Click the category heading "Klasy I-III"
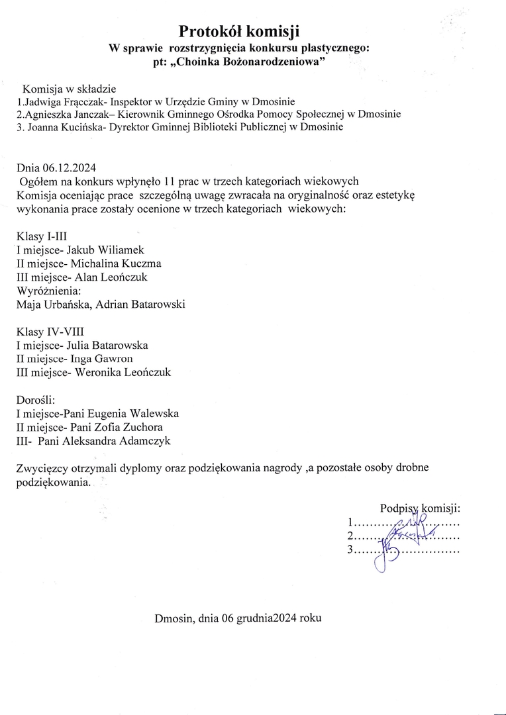(41, 236)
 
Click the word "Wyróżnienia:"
(48, 291)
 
